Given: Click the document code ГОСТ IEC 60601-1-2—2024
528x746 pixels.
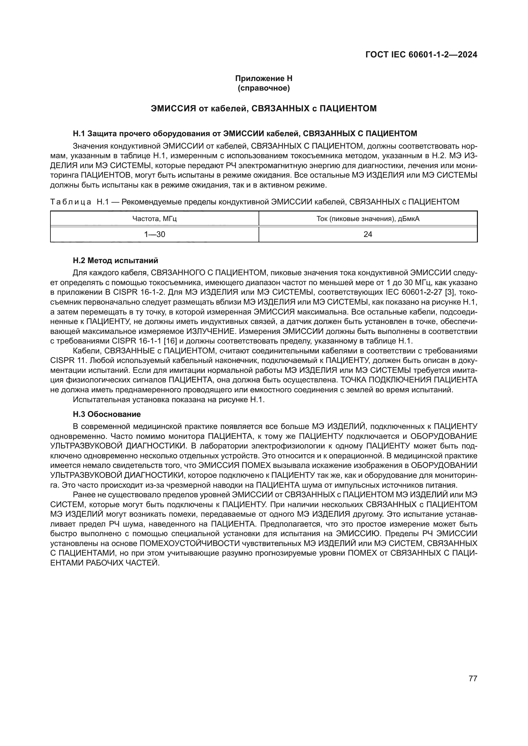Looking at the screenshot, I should click(x=421, y=55).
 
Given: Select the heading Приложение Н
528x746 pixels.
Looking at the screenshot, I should click(x=264, y=78).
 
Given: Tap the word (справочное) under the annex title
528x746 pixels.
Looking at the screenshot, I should click(x=264, y=88).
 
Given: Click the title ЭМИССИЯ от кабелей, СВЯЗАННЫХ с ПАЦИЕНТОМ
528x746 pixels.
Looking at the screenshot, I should click(x=264, y=108).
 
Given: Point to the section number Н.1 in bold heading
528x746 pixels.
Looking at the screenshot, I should click(x=79, y=134).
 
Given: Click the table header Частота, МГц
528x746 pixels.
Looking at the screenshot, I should click(x=155, y=219).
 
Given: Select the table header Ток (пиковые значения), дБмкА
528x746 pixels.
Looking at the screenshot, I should click(x=368, y=219).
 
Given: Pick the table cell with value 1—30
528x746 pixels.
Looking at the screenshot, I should click(x=155, y=234).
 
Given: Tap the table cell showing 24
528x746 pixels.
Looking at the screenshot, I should click(x=368, y=234).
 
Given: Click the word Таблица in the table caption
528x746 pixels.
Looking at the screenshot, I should click(x=71, y=202).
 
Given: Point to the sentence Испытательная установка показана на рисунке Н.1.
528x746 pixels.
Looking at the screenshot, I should click(x=169, y=399).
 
